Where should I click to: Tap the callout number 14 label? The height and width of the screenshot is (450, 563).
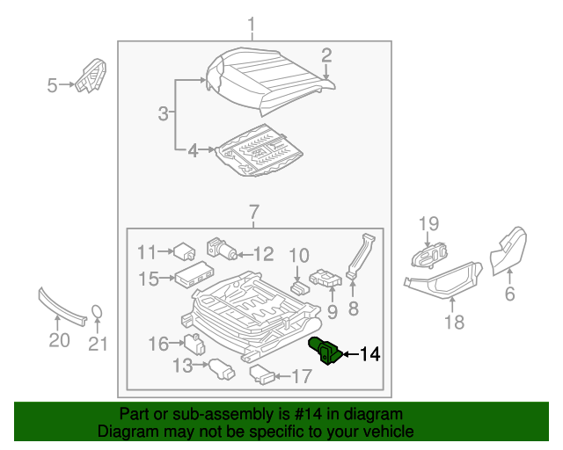point(370,355)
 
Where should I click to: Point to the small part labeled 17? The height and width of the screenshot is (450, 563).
point(265,376)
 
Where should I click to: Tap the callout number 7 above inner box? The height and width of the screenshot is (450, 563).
point(252,212)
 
